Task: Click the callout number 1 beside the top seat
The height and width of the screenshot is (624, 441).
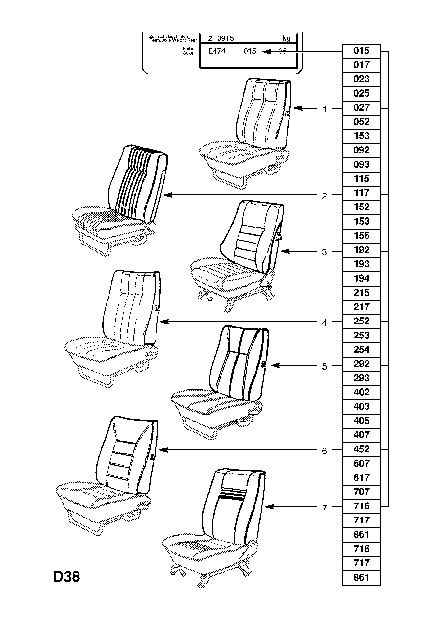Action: tap(324, 109)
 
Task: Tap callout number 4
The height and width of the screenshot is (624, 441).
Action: tap(324, 323)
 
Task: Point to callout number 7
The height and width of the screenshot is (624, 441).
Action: tap(324, 508)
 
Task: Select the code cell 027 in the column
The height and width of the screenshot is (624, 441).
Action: tap(361, 108)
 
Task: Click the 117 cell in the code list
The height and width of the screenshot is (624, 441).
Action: tap(361, 193)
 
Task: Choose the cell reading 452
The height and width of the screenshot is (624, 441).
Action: tap(361, 449)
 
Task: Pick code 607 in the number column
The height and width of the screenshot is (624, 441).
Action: tap(361, 463)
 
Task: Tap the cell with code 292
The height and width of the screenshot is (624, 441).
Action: tap(361, 364)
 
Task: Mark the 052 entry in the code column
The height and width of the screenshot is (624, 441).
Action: tap(361, 122)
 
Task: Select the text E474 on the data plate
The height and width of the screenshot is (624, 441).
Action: tap(216, 51)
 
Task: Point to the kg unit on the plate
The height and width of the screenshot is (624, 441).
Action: tap(286, 38)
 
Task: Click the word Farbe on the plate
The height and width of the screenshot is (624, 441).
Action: tap(188, 49)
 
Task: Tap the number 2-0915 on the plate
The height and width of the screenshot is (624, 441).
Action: tap(221, 38)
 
